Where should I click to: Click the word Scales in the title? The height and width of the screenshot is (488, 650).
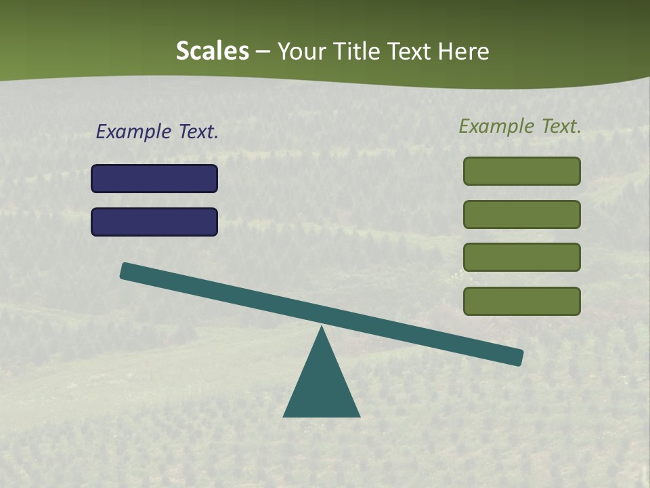(x=212, y=51)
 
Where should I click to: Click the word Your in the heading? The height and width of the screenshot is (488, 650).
(x=302, y=51)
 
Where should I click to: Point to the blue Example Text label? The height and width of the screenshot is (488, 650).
(x=157, y=131)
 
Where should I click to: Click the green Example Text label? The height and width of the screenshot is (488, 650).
(x=520, y=126)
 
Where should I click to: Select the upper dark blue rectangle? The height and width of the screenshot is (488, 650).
(x=154, y=178)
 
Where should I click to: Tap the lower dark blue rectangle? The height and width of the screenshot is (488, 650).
(x=154, y=222)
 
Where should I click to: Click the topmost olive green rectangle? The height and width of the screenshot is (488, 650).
(x=522, y=171)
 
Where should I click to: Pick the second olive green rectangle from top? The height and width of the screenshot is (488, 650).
(x=522, y=214)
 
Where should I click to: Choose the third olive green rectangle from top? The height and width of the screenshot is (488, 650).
(x=522, y=257)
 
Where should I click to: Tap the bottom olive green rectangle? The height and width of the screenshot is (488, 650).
(x=522, y=301)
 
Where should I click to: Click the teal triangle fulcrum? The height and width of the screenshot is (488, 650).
(x=322, y=386)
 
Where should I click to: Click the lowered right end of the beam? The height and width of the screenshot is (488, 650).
(x=517, y=357)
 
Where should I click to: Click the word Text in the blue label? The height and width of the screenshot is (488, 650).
(x=198, y=131)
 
